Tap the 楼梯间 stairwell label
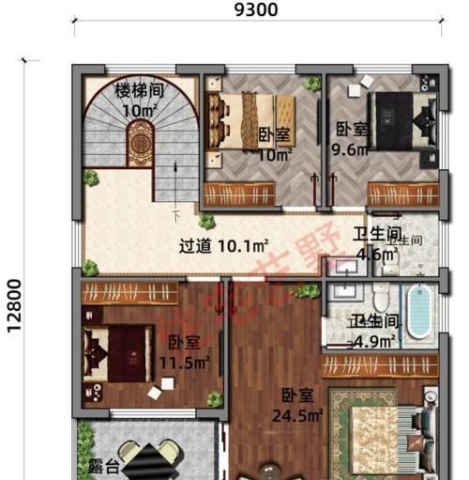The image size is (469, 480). click(x=140, y=90)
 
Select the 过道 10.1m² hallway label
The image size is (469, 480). click(x=224, y=247)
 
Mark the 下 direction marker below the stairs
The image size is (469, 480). click(x=175, y=216)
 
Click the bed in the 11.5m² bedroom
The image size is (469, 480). click(x=117, y=352)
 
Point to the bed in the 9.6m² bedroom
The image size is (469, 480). click(x=401, y=122)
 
